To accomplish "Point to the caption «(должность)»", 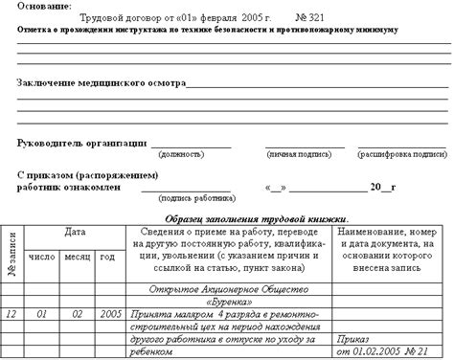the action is (x=190, y=154).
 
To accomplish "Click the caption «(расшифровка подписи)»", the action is (x=402, y=154).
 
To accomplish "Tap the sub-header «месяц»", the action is (x=78, y=257).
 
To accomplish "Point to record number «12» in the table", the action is (x=11, y=313).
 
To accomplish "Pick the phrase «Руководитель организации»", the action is (x=81, y=143).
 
